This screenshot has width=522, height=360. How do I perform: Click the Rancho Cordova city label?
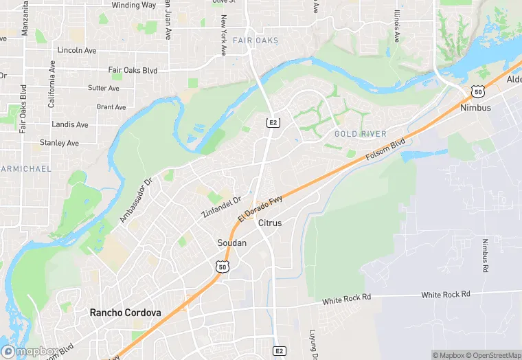coord(126,313)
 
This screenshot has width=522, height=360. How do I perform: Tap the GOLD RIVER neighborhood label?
coord(361,133)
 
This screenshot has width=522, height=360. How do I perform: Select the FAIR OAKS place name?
coord(256,41)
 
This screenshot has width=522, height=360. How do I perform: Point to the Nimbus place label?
coord(475,108)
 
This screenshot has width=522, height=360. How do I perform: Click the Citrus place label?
coord(270,223)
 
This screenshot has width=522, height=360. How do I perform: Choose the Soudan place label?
coord(231,243)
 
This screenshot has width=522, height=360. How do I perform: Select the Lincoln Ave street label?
coord(77,50)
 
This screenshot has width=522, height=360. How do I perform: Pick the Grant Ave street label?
coord(111,107)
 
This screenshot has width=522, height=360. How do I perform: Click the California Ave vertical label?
coord(52,84)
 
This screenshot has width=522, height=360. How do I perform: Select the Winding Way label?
coord(134,5)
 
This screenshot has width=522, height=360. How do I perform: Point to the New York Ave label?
coord(223,36)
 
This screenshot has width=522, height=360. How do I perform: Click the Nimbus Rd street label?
coord(485,256)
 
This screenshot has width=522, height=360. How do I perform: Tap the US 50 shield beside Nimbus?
coord(477,91)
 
